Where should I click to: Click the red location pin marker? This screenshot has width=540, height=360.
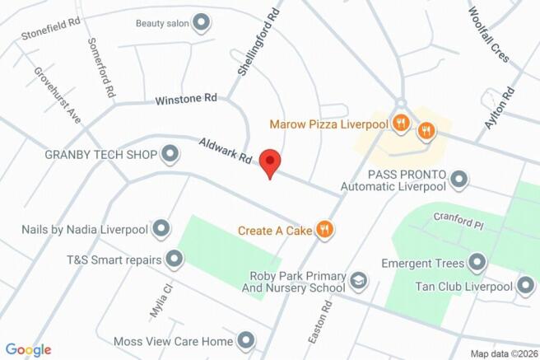click(269, 162)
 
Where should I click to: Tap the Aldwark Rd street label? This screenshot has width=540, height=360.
click(225, 154)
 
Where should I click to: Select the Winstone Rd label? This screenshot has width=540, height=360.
click(186, 99)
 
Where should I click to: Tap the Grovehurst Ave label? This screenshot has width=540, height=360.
click(58, 95)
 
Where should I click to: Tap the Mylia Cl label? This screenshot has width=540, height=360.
click(163, 291)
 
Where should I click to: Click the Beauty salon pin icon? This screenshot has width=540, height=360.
click(200, 23)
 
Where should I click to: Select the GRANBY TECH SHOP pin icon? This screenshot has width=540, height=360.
click(170, 153)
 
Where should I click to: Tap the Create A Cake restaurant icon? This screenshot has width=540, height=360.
click(325, 230)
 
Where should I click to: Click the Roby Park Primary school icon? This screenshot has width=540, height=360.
click(358, 282)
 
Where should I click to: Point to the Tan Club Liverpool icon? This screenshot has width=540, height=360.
click(525, 287)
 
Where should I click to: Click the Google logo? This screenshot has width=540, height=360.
click(28, 350)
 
